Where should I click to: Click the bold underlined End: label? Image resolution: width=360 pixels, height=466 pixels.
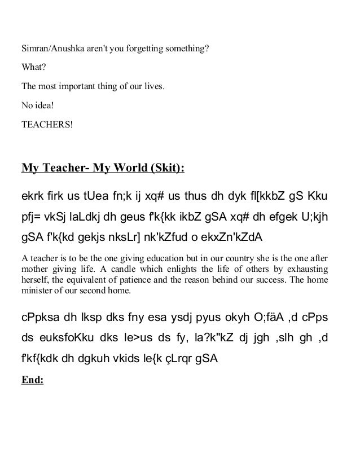(32, 380)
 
